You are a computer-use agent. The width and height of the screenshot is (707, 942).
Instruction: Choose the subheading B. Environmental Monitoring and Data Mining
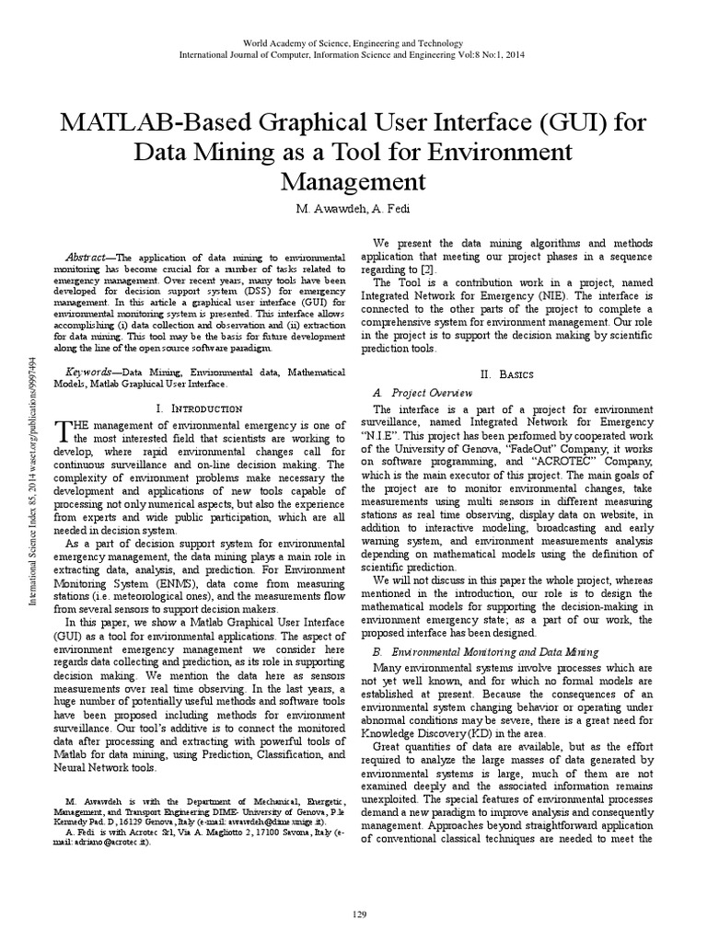(x=485, y=651)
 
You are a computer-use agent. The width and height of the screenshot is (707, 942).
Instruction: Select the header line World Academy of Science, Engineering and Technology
(x=353, y=43)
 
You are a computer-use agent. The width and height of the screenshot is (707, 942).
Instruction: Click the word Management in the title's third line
(x=353, y=178)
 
